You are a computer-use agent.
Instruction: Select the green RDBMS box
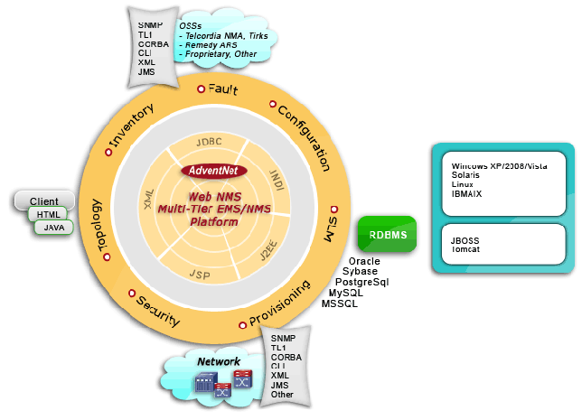pyautogui.click(x=386, y=237)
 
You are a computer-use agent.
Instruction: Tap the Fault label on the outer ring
pyautogui.click(x=222, y=90)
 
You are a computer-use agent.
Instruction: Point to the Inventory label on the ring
pyautogui.click(x=132, y=128)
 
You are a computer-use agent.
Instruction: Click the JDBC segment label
pyautogui.click(x=209, y=142)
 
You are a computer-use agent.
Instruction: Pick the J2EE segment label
pyautogui.click(x=270, y=248)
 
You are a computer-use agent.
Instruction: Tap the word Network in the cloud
pyautogui.click(x=220, y=361)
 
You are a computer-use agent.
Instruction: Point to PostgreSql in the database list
pyautogui.click(x=361, y=283)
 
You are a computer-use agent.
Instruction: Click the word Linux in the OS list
pyautogui.click(x=463, y=183)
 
